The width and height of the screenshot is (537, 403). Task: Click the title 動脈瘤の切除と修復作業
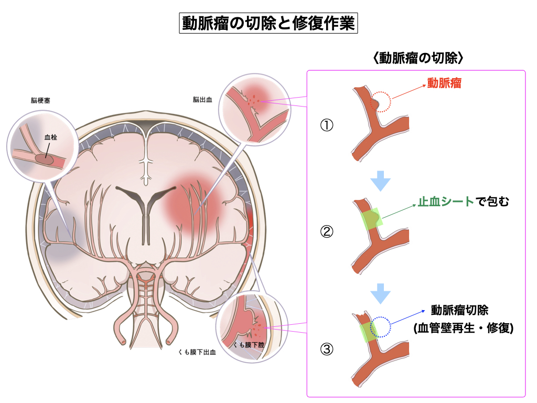pyautogui.click(x=268, y=24)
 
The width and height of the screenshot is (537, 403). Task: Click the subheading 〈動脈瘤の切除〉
pyautogui.click(x=417, y=57)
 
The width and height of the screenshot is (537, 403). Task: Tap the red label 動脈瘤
pyautogui.click(x=444, y=83)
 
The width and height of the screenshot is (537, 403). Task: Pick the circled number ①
pyautogui.click(x=327, y=126)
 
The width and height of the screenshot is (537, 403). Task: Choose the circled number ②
pyautogui.click(x=327, y=231)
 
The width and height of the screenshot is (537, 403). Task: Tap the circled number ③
pyautogui.click(x=327, y=349)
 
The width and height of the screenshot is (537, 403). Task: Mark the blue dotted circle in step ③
pyautogui.click(x=381, y=326)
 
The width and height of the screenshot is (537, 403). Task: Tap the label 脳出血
pyautogui.click(x=202, y=99)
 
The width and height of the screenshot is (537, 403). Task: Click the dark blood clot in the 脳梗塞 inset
pyautogui.click(x=44, y=158)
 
